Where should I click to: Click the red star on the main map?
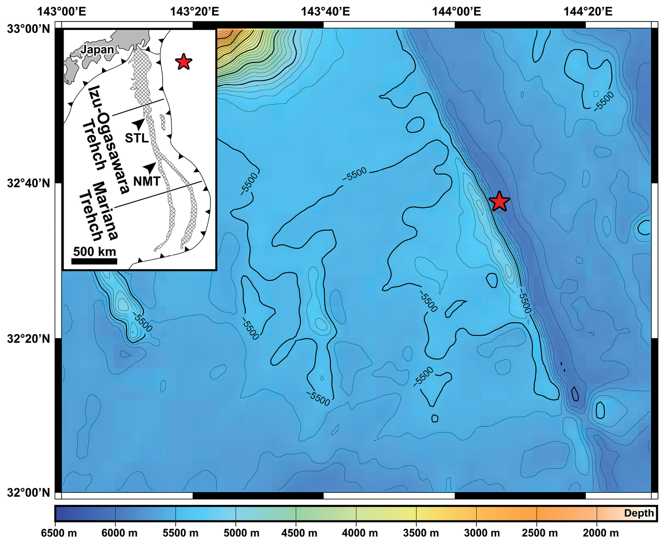coord(499,201)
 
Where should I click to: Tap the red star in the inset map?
coord(183,62)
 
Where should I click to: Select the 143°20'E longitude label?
coord(194,12)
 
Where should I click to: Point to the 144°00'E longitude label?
coord(456,12)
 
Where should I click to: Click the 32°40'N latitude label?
coord(29,183)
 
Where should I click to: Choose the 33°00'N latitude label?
coord(29,28)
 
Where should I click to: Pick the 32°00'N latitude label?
coord(29,493)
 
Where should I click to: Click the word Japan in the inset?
coord(97,50)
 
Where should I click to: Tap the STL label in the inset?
coord(136,138)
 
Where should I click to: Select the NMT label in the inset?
coord(147,182)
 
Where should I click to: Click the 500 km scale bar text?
coord(94,252)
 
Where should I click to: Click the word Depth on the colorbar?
coord(639,513)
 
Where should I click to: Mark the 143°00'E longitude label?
coord(62,12)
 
